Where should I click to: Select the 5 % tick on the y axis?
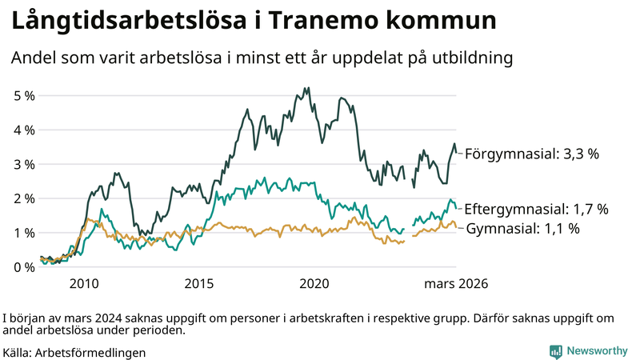click(x=25, y=96)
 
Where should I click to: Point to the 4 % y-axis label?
click(x=25, y=130)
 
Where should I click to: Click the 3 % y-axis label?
click(x=25, y=165)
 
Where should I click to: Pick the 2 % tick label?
click(x=25, y=199)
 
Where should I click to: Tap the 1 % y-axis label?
click(x=25, y=233)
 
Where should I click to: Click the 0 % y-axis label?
click(x=25, y=267)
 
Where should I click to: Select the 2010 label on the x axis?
click(x=84, y=284)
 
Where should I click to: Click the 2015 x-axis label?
click(x=199, y=284)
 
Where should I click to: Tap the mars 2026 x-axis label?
click(x=456, y=284)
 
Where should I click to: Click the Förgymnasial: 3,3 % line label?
click(x=532, y=154)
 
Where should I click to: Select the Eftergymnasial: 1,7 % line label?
click(x=536, y=209)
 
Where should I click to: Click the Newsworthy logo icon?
click(x=555, y=351)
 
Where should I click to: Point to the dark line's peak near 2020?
click(x=307, y=88)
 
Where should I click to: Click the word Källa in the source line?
click(x=17, y=352)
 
